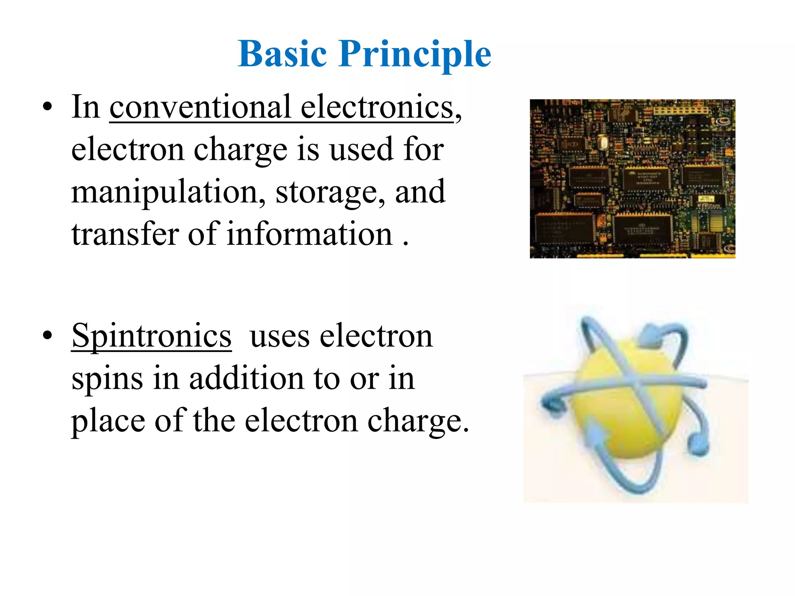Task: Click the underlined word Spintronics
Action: coord(151,336)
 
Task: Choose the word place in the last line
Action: coord(108,421)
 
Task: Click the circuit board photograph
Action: coord(632,178)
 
